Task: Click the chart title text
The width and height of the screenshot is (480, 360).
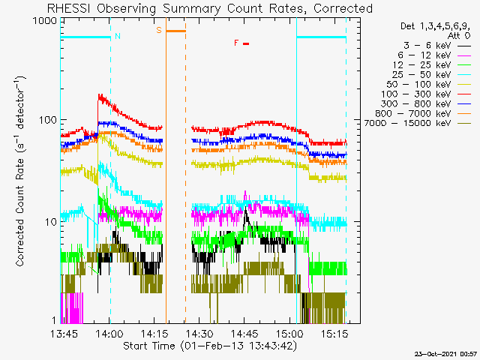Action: (x=209, y=8)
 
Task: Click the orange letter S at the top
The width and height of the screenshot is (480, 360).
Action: (x=159, y=30)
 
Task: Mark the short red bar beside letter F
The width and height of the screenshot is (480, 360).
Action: (x=245, y=43)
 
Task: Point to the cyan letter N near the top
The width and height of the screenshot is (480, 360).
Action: (x=116, y=36)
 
